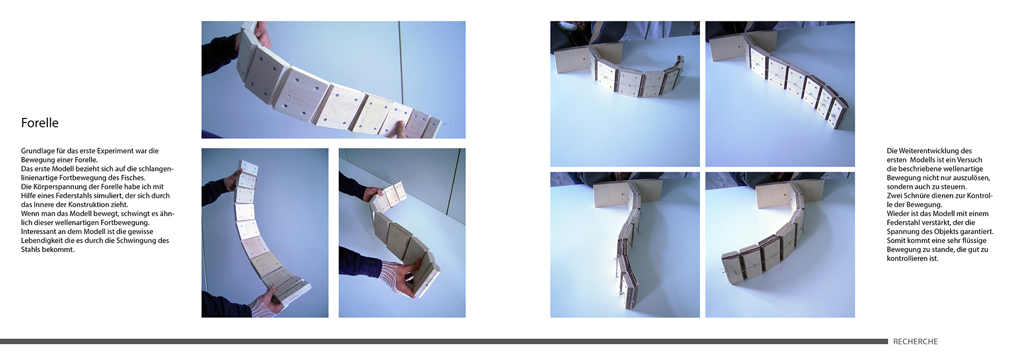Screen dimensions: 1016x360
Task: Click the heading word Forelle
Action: (40, 123)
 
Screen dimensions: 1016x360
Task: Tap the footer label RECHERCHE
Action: (915, 341)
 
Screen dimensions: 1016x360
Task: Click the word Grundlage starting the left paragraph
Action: (38, 151)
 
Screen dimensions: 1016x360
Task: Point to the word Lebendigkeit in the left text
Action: (41, 241)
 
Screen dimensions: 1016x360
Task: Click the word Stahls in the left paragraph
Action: (31, 249)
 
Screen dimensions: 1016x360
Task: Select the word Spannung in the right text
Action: (901, 232)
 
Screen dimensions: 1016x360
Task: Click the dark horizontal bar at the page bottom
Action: (444, 341)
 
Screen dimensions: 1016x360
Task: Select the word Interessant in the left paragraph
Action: (38, 232)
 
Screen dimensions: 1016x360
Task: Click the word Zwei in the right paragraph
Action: (894, 196)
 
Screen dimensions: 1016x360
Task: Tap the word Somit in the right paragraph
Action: (896, 241)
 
